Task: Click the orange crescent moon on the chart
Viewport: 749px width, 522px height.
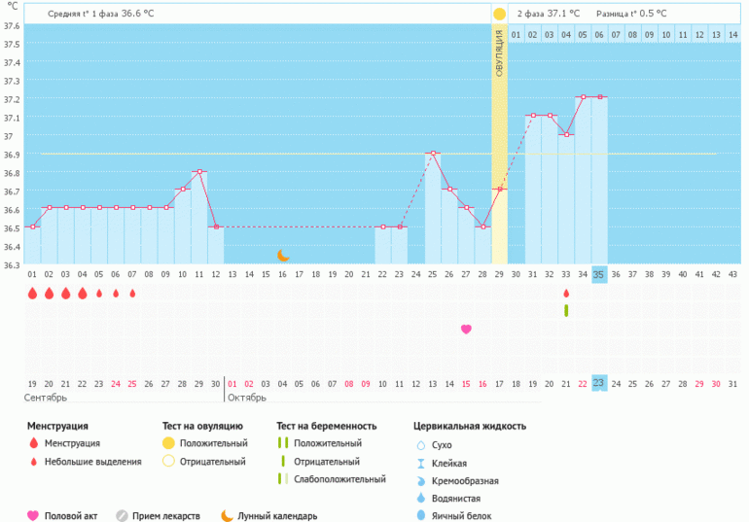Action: [283, 255]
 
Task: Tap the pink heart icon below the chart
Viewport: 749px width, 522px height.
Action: [466, 330]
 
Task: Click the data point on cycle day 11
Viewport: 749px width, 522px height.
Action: [199, 172]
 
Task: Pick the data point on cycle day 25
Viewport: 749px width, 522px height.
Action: [433, 154]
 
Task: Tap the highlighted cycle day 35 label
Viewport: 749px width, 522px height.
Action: [599, 275]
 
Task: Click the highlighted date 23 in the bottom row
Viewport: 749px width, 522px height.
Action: [599, 383]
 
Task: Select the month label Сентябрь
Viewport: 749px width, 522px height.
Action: [45, 399]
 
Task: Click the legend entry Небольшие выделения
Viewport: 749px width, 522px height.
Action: [92, 462]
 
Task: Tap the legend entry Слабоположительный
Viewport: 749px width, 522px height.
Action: [334, 479]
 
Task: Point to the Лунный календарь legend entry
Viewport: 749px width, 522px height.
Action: [277, 516]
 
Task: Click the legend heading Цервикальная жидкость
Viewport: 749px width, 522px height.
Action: [470, 426]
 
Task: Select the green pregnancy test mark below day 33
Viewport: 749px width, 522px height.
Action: [566, 310]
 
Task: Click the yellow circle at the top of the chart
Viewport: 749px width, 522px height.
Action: [499, 15]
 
